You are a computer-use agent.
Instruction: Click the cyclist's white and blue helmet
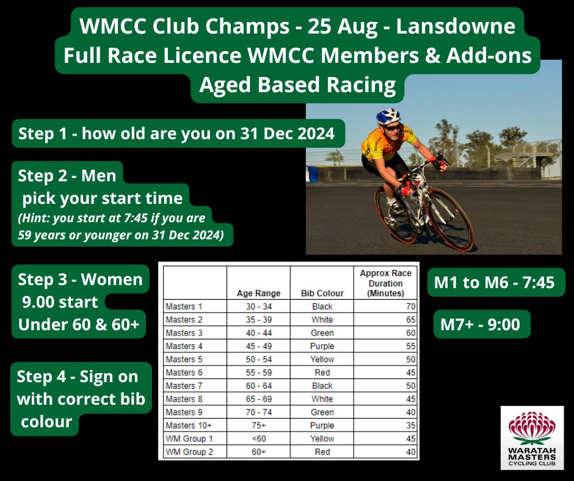388,117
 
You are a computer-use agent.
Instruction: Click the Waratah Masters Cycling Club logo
532,438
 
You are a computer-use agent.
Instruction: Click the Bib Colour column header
322,293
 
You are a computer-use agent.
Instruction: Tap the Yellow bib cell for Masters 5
322,359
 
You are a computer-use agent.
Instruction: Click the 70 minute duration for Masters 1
410,306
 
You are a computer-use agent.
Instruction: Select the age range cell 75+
258,425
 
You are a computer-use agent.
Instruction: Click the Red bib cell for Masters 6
322,372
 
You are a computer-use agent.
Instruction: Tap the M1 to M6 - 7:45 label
495,283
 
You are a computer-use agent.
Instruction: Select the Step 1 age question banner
177,134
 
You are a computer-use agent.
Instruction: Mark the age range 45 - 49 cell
258,346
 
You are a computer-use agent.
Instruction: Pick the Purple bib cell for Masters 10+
322,425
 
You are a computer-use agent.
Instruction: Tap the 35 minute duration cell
410,425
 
